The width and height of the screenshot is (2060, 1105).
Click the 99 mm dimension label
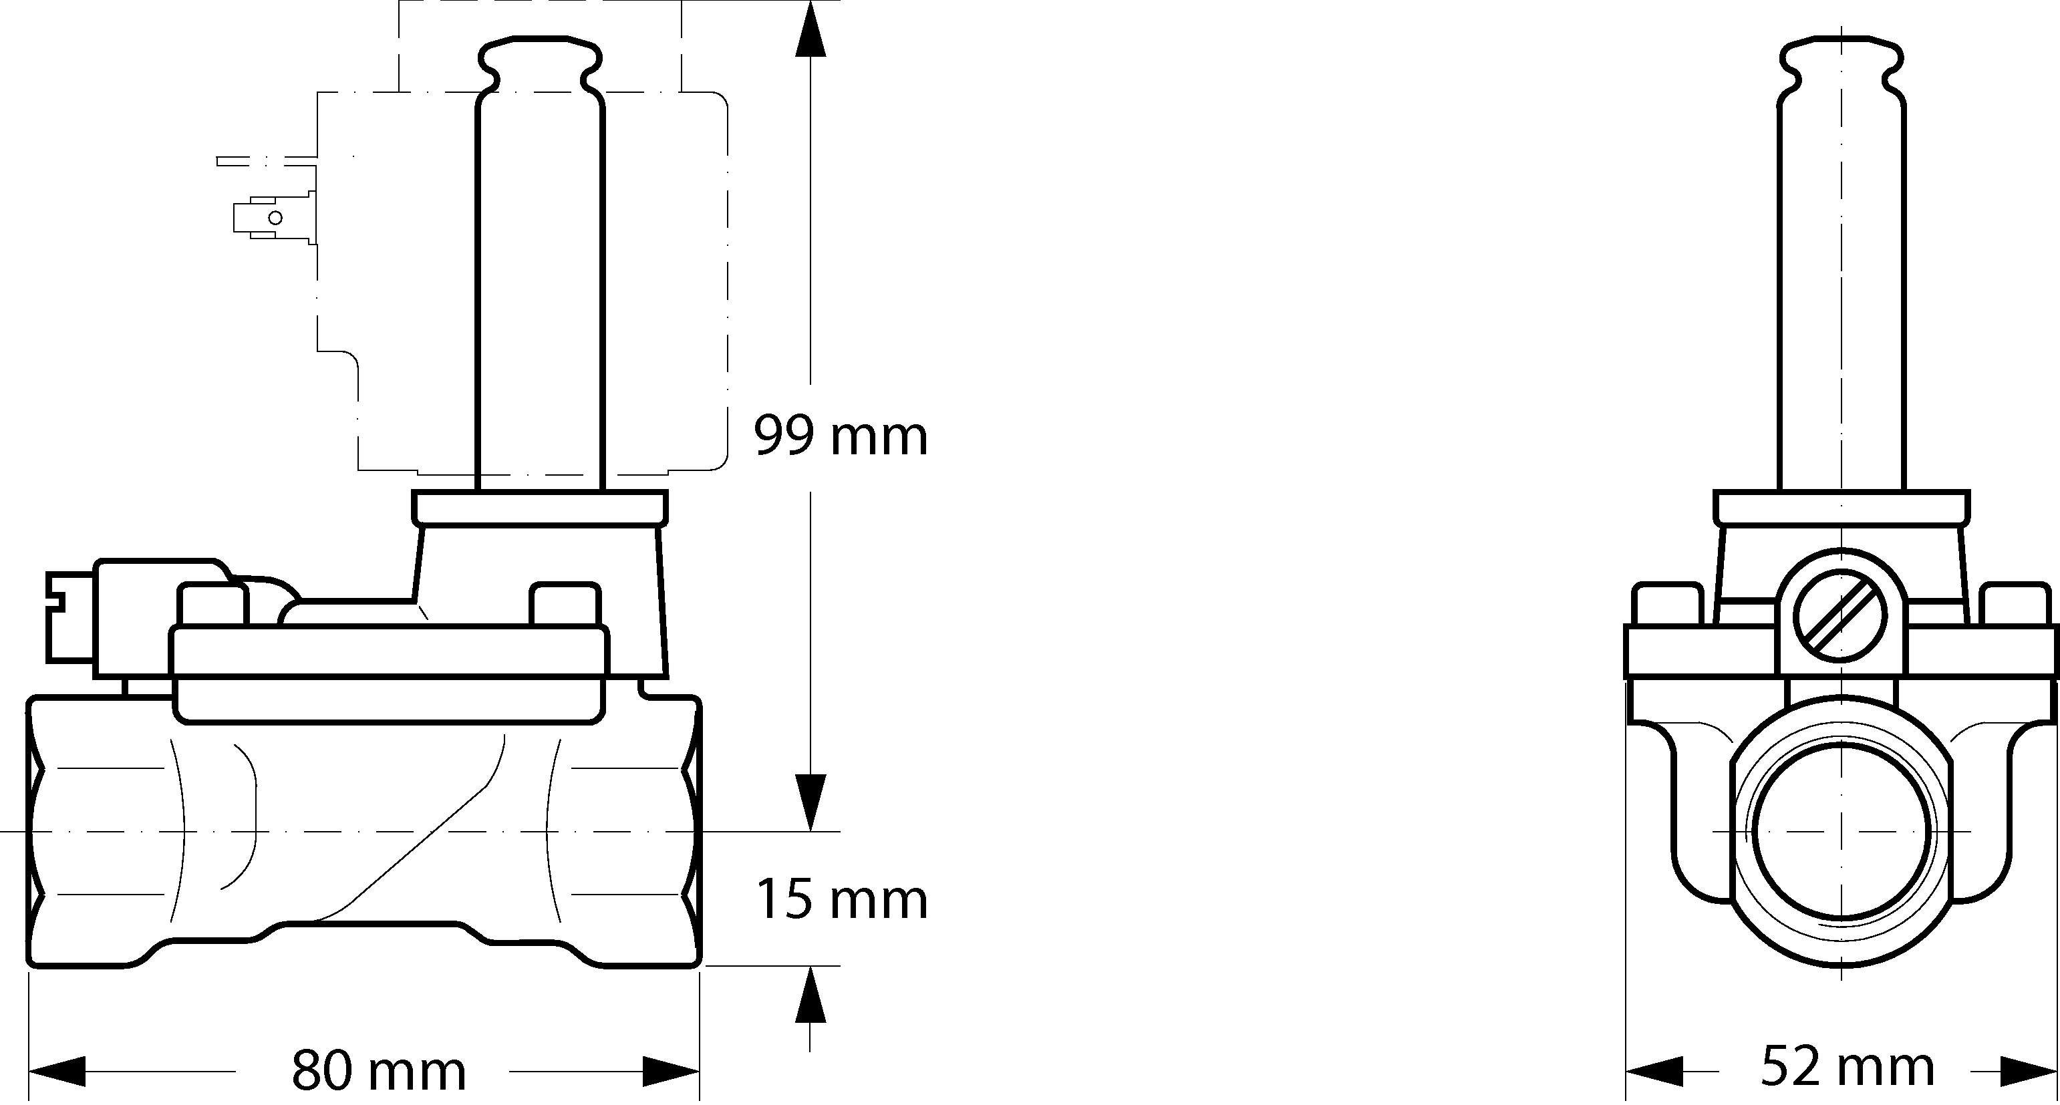click(x=841, y=436)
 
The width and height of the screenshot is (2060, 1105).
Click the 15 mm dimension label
click(x=841, y=899)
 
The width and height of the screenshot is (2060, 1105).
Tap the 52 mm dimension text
click(x=1848, y=1067)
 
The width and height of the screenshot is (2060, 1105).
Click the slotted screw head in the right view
click(x=1840, y=617)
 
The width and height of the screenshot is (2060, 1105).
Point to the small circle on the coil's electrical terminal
click(x=275, y=218)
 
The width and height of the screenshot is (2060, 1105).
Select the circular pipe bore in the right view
click(x=1840, y=832)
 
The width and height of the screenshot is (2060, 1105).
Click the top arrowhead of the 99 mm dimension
click(x=810, y=28)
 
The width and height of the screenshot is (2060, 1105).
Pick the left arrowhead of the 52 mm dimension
click(x=1654, y=1070)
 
